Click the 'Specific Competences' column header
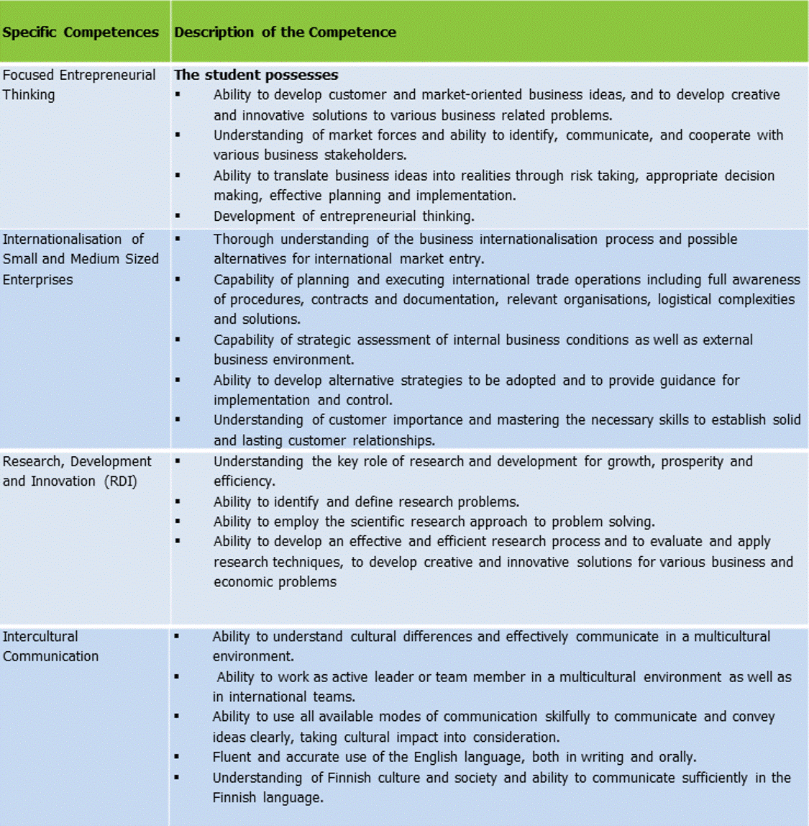coord(81,32)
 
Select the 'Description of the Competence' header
coord(285,32)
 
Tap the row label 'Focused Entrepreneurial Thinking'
coord(78,84)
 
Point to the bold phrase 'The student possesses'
coord(256,75)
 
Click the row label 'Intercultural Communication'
coord(50,646)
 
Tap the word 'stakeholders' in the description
coord(365,155)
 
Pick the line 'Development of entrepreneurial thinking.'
coord(344,216)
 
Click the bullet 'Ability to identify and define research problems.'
coord(366,501)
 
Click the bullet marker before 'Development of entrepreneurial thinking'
coord(178,216)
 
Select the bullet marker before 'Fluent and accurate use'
coord(178,757)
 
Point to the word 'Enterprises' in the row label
coord(37,280)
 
